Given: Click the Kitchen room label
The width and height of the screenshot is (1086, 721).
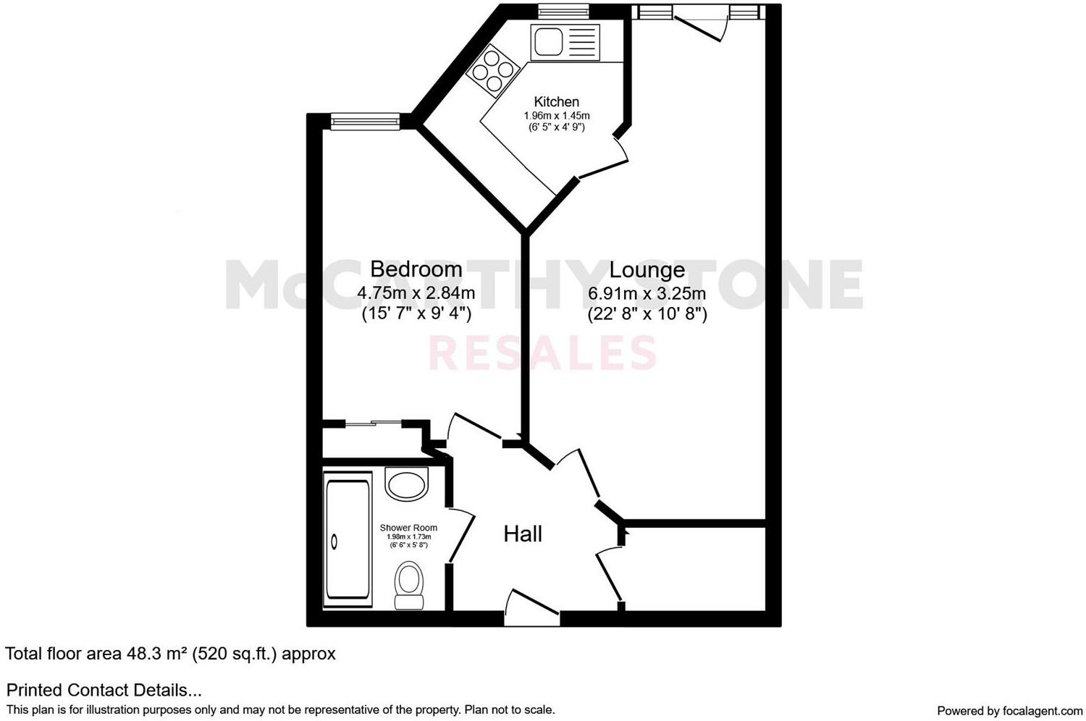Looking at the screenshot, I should click(x=556, y=102).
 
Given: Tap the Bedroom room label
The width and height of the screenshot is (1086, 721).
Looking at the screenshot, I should click(x=416, y=269).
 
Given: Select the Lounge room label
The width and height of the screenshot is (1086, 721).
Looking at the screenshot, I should click(x=647, y=270).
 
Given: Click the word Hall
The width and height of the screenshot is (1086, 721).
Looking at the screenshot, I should click(x=523, y=534).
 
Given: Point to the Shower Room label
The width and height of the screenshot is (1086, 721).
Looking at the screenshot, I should click(x=408, y=528).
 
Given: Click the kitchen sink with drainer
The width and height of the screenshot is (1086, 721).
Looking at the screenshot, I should click(x=565, y=43).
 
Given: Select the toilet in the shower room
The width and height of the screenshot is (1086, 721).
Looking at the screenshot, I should click(x=409, y=585).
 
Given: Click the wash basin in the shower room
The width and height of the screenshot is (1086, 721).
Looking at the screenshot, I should click(x=407, y=484).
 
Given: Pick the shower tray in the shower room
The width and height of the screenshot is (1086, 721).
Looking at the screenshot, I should click(x=348, y=539).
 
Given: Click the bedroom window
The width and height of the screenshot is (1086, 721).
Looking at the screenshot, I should click(x=365, y=122).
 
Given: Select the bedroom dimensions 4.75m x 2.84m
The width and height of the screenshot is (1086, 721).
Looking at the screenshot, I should click(x=416, y=293).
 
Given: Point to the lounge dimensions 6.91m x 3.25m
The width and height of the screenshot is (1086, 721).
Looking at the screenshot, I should click(x=647, y=294).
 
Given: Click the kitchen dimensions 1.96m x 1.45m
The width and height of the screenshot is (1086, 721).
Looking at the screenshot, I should click(x=556, y=116).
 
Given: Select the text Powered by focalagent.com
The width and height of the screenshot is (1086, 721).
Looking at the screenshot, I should click(x=1009, y=710).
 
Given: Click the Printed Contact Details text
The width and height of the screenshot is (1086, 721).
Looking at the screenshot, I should click(x=104, y=690).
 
